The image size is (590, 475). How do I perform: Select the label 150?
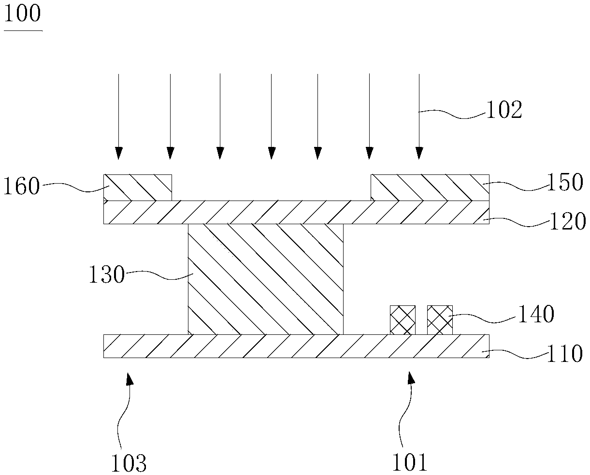565,183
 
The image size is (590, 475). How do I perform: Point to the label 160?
21,187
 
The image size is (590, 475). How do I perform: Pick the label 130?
106,276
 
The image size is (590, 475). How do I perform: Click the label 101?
409,462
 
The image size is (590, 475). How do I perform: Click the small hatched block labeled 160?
138,187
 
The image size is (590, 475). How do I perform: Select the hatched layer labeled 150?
430,187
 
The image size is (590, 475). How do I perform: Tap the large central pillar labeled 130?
265,279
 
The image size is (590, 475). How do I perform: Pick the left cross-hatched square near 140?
403,319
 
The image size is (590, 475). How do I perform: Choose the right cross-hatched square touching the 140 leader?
440,319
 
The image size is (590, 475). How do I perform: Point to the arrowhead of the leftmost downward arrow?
118,153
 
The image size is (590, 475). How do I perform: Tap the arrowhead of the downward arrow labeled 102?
419,153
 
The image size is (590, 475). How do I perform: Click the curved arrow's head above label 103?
129,379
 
